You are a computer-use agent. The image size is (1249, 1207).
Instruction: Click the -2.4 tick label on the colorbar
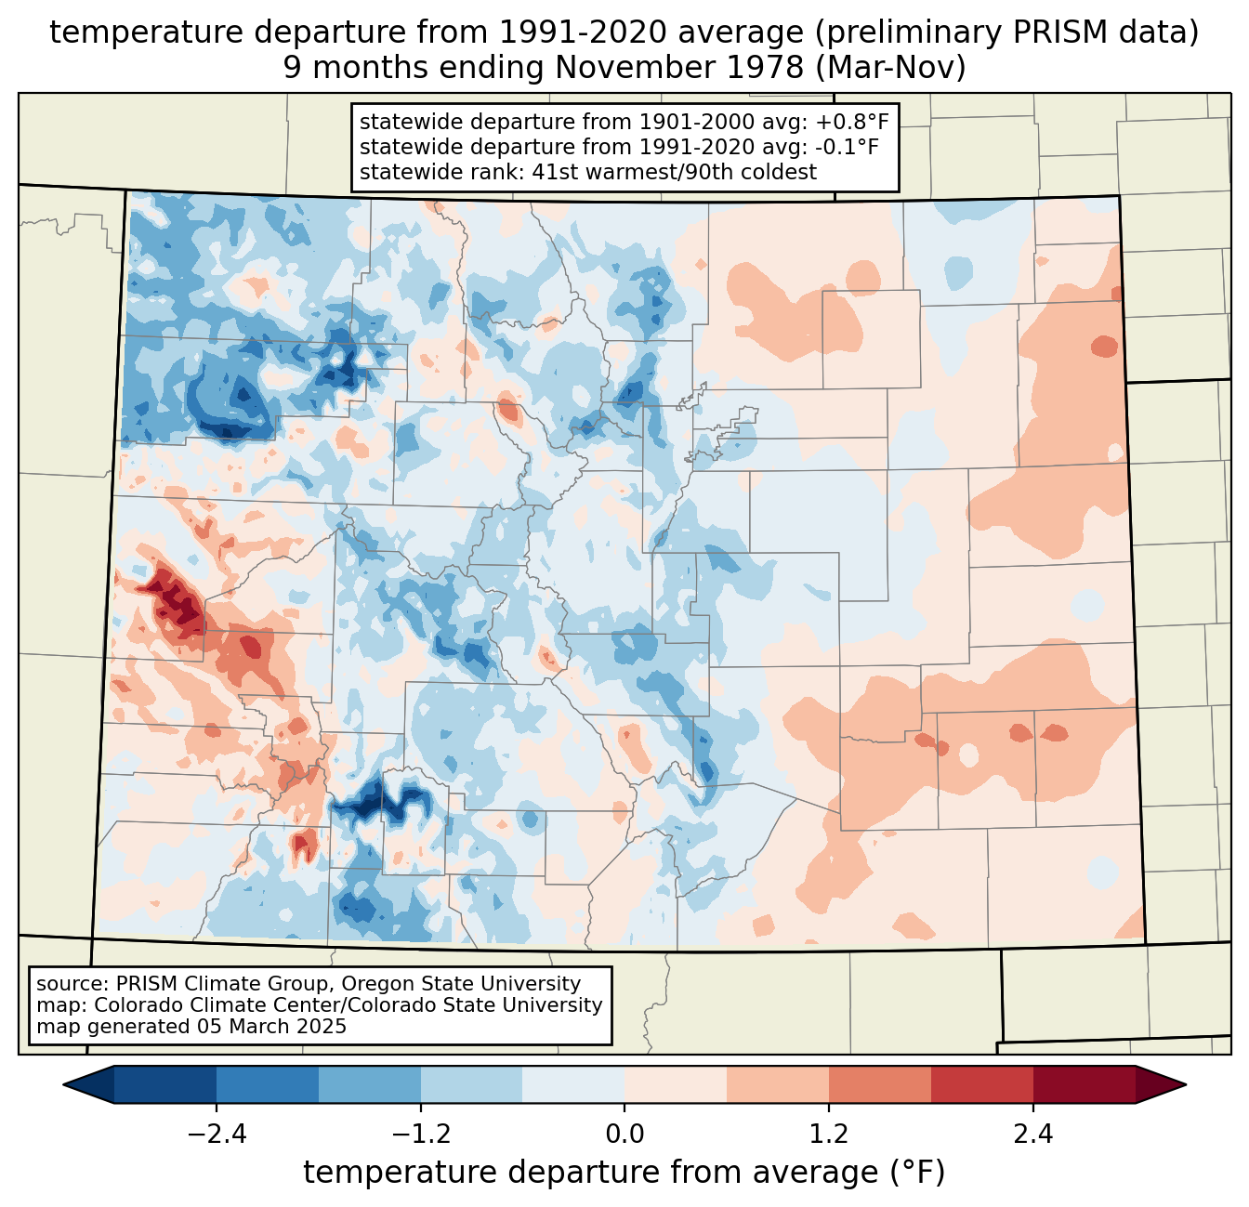tap(217, 1135)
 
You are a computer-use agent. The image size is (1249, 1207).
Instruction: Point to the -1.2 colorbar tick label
tap(420, 1135)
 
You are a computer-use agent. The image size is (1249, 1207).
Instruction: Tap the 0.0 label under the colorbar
tap(624, 1135)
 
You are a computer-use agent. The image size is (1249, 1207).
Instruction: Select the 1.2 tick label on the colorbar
tap(829, 1135)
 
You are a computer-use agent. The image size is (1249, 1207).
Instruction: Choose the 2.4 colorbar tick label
tap(1032, 1135)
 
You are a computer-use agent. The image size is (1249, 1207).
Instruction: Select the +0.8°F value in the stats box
tap(852, 123)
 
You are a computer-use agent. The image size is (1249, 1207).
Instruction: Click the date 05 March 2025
tap(271, 1027)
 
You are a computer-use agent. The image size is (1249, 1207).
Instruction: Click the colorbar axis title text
tap(624, 1173)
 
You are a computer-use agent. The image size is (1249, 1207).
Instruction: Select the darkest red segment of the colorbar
tap(1084, 1084)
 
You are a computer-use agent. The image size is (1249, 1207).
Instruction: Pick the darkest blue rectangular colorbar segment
tap(165, 1084)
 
